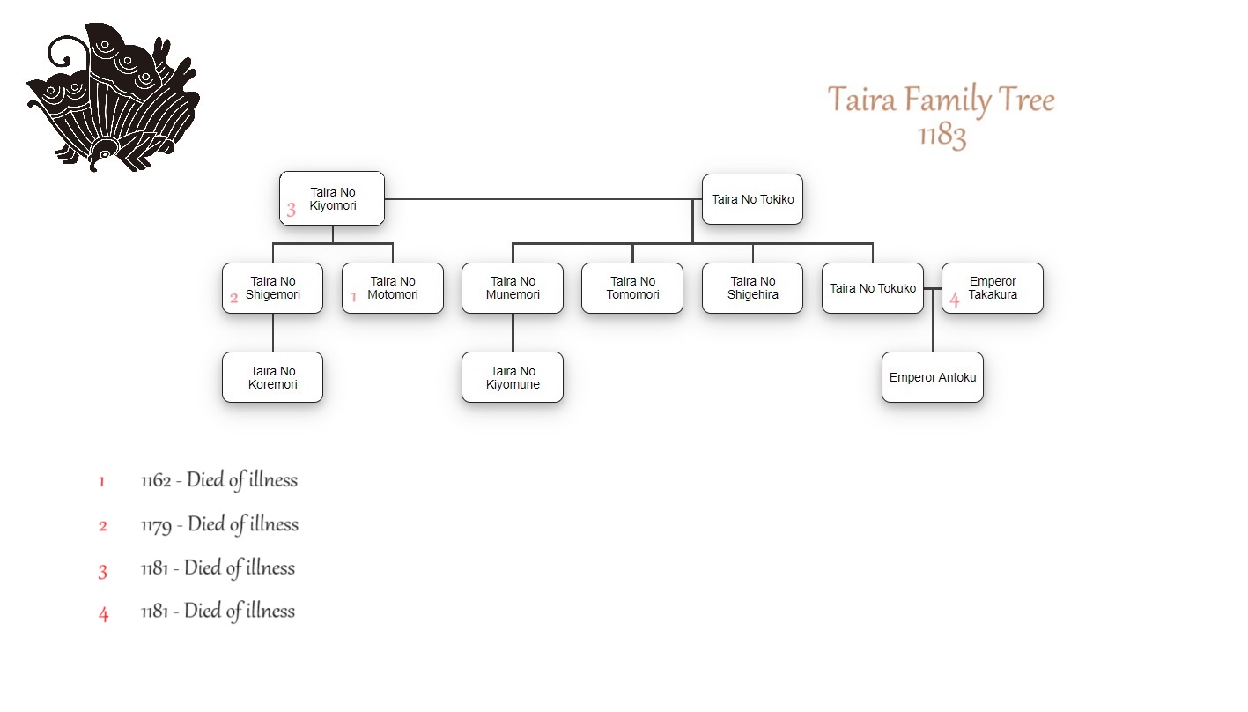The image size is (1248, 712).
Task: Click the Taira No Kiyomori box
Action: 332,198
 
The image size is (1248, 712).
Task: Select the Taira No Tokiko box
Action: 752,199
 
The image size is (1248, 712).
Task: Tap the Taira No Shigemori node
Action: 272,288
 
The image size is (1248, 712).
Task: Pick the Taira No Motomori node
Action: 393,288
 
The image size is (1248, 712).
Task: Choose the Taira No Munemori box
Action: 513,288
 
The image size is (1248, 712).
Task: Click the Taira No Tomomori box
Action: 632,288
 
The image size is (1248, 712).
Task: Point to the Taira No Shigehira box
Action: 753,288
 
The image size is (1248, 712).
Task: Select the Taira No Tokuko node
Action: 873,288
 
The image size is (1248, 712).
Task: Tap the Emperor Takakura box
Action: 993,288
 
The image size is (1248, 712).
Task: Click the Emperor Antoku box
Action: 933,377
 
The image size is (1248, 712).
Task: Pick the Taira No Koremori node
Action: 272,377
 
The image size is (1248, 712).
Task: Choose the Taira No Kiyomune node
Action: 513,377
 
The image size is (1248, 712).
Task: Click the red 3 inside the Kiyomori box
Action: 291,211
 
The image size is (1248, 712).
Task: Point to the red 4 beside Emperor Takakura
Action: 955,300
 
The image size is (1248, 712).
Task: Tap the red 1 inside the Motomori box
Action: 353,298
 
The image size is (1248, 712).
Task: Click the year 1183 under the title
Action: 942,135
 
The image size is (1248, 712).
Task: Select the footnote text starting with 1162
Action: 219,480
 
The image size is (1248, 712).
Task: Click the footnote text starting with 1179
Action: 219,524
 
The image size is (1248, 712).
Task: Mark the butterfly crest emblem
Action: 113,97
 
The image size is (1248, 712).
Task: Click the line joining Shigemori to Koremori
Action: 273,333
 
